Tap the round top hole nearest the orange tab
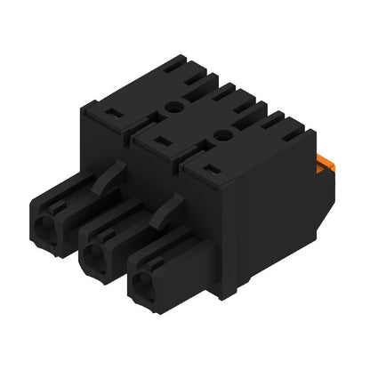click(x=221, y=134)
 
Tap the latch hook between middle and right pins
click(x=163, y=211)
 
